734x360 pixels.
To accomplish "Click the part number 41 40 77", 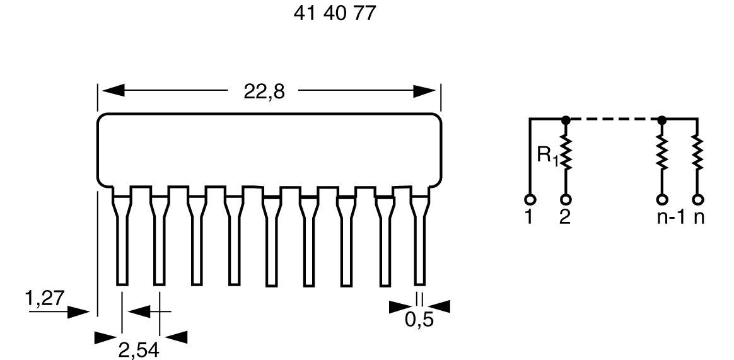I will click(334, 13).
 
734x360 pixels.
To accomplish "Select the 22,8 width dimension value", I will click(264, 91).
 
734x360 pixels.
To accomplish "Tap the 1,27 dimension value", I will click(45, 298).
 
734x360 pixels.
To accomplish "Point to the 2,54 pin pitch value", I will click(139, 347).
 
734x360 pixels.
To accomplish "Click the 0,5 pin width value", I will click(419, 320).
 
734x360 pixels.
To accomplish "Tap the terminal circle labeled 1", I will click(530, 200).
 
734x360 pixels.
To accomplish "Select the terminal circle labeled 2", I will click(566, 200).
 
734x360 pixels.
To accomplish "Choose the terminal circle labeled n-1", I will click(661, 200).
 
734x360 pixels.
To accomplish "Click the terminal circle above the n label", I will click(697, 200).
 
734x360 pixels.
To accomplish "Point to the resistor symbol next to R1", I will click(566, 154).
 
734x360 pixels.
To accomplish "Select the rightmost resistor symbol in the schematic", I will click(697, 154).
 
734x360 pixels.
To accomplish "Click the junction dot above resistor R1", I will click(566, 119).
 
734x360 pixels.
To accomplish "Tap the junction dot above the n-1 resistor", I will click(661, 119).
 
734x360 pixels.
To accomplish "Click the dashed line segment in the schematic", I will click(613, 119).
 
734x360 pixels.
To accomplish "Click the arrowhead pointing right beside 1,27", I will click(79, 311).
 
